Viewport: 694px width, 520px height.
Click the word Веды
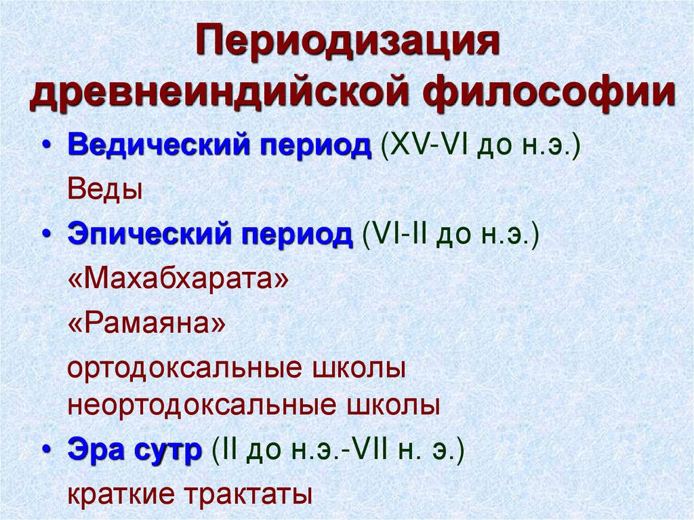point(105,189)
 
